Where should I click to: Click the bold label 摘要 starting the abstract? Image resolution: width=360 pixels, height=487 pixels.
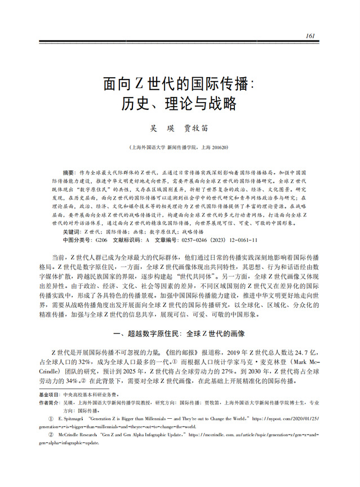click(68, 171)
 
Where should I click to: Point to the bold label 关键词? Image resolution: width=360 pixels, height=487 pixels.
click(71, 232)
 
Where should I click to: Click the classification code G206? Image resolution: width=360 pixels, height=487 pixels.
click(101, 240)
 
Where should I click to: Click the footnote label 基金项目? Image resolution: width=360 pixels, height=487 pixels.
click(49, 395)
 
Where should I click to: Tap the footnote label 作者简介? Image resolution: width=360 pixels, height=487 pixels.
click(49, 403)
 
